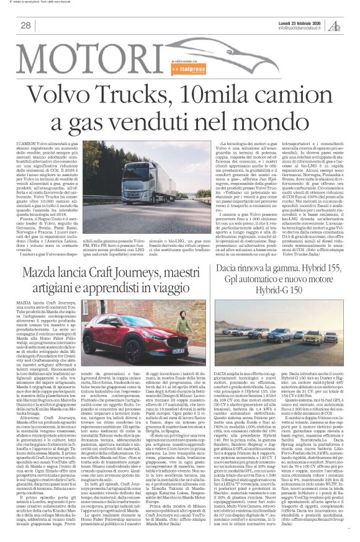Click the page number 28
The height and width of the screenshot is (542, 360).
(26, 25)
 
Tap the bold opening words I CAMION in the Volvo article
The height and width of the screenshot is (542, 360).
(28, 144)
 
